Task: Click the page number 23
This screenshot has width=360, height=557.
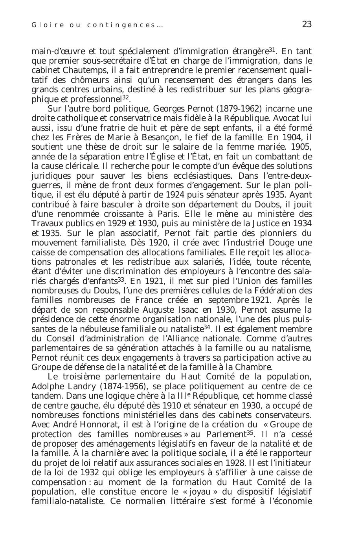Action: (x=307, y=24)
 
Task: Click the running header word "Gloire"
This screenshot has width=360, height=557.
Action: (x=43, y=25)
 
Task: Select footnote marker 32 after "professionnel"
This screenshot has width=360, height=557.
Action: (x=126, y=97)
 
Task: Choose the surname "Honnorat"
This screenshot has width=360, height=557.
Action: (x=108, y=425)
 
